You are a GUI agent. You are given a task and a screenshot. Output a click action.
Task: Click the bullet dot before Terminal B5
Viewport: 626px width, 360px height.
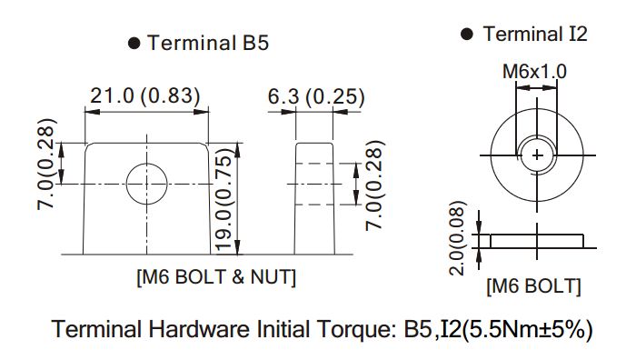134,43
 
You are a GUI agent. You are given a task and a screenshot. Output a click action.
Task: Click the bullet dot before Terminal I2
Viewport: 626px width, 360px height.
467,34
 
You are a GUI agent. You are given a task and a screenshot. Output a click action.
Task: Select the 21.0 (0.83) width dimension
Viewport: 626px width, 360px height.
145,95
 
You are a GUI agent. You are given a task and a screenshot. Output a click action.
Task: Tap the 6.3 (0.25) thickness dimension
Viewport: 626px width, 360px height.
316,96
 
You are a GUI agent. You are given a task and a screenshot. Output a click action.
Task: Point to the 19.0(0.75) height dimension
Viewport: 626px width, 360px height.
224,200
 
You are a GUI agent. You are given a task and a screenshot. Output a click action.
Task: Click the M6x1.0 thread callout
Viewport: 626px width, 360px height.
534,72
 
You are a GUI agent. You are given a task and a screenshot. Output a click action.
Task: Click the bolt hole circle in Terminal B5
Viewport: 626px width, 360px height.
146,164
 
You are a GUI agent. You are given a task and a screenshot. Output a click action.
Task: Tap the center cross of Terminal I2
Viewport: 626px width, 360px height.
537,155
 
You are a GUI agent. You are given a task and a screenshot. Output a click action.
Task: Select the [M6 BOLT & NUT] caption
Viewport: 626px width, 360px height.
216,277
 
